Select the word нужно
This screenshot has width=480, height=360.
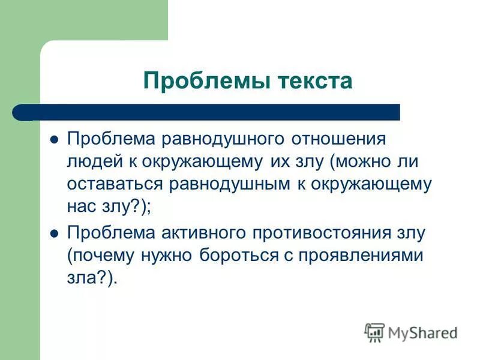pos(160,255)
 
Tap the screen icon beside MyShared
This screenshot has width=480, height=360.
pos(374,332)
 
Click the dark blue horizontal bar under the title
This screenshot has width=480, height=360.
pos(210,112)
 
